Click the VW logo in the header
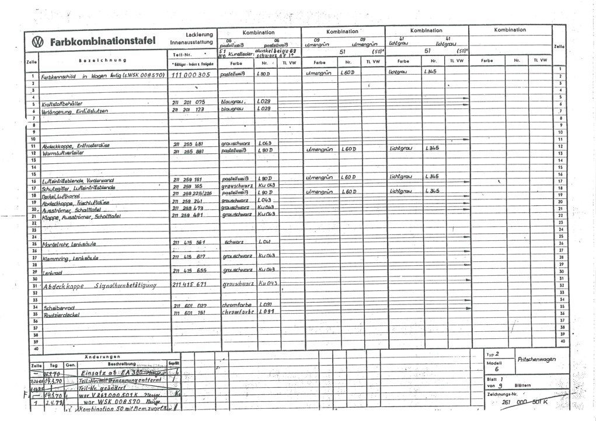(38, 42)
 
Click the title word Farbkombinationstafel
(103, 42)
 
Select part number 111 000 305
(191, 76)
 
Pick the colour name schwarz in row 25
(233, 242)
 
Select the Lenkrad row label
(53, 272)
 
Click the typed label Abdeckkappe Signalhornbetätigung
(100, 286)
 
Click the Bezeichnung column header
(103, 61)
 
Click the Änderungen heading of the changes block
(103, 356)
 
